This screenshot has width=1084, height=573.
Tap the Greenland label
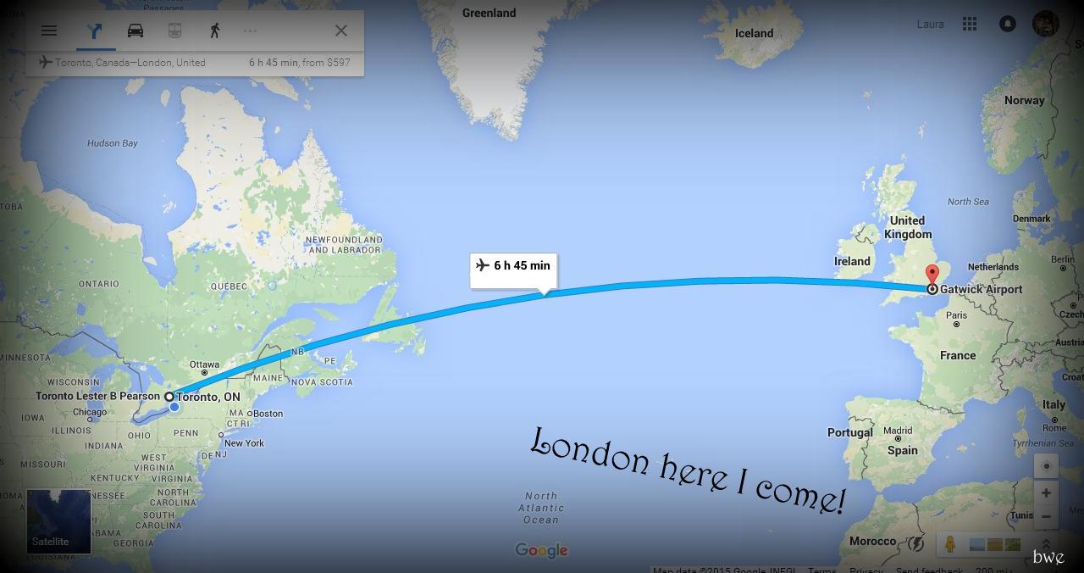click(489, 13)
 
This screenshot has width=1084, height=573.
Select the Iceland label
click(754, 33)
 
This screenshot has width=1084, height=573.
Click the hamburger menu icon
click(49, 31)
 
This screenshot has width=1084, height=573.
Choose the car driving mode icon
click(135, 31)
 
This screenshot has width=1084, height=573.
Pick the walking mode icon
click(215, 31)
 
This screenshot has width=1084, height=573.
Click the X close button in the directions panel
click(341, 31)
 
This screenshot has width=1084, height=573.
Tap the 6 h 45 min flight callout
click(513, 266)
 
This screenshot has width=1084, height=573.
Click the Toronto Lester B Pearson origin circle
click(169, 396)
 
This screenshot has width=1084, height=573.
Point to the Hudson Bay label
click(112, 143)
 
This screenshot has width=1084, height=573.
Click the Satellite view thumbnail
click(58, 520)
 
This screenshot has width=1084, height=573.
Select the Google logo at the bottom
click(541, 550)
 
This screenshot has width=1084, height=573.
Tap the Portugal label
click(849, 432)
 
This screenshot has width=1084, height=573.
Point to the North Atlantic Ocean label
click(541, 508)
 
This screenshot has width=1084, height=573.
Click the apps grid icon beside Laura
click(970, 25)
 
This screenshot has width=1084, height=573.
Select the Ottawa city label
click(204, 365)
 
